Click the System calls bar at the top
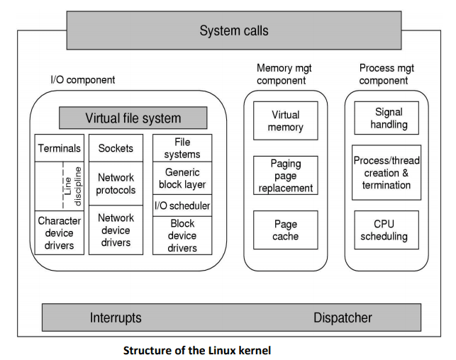pos(234,30)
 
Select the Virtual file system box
pos(133,118)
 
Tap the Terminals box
pos(59,148)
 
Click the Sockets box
pos(116,148)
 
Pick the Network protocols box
pos(116,184)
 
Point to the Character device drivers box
pos(59,233)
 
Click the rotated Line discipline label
pos(74,186)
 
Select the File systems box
pos(182,148)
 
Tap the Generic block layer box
pos(182,178)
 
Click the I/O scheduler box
pos(182,206)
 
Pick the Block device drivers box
pos(182,236)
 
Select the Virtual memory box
pos(285,121)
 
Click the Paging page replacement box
pos(285,176)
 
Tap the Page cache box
pos(285,230)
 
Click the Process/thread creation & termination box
pos(387,173)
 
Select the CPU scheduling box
pos(387,230)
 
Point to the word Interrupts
pos(116,317)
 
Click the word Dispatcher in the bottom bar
pos(343,317)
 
